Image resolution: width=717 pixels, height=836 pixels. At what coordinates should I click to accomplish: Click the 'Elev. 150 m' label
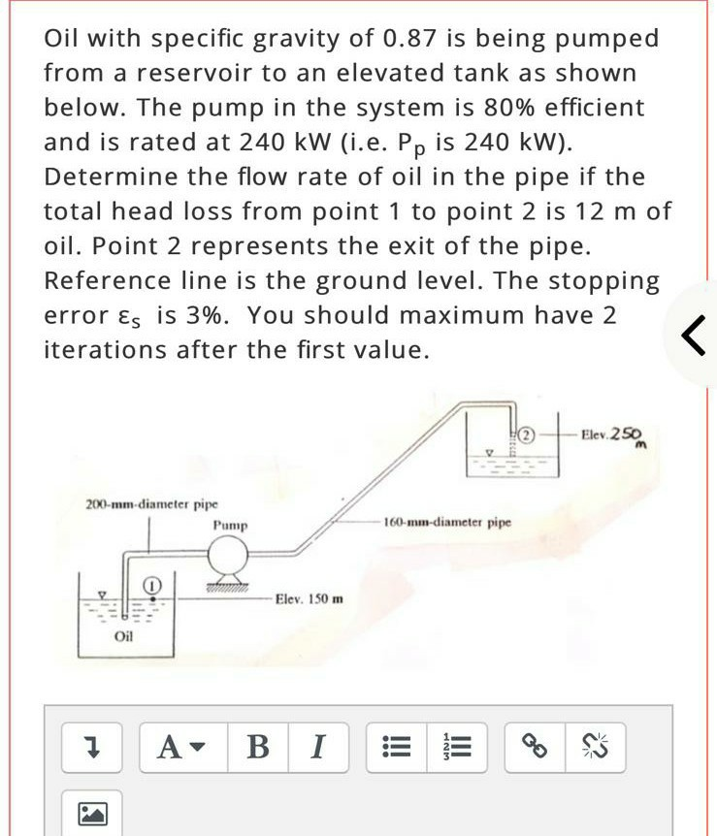[310, 599]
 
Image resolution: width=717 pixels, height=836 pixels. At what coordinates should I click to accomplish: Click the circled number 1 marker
[151, 585]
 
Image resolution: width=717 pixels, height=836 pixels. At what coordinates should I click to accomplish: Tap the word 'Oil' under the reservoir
[123, 637]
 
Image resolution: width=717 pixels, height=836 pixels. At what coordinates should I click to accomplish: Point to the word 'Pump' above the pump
[230, 525]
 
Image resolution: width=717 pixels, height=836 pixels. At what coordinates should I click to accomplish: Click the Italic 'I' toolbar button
[317, 747]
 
